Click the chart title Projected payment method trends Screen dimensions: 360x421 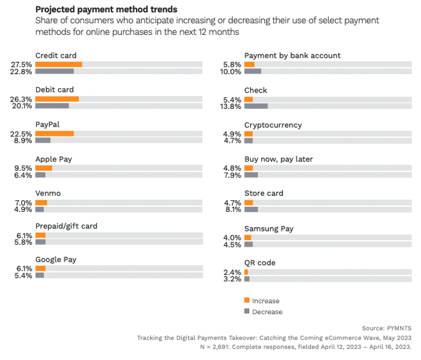(107, 10)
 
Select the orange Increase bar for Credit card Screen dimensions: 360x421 (59, 64)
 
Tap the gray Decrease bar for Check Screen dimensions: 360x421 (256, 106)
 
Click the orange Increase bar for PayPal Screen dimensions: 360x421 (55, 133)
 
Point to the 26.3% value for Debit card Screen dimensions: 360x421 (21, 99)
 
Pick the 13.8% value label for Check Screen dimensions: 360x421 (230, 106)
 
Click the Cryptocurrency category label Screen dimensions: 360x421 (273, 125)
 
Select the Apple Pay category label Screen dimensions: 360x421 (53, 159)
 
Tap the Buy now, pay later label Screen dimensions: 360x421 (278, 159)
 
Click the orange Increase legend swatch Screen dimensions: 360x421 (247, 300)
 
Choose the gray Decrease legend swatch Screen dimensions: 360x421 (247, 311)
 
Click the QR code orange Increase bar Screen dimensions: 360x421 (246, 272)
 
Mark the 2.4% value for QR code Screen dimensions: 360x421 (232, 272)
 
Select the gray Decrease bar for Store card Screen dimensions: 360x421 (251, 209)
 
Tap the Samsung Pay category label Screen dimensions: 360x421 (268, 228)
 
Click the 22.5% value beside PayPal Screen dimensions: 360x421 (21, 133)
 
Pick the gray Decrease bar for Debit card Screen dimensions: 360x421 (52, 106)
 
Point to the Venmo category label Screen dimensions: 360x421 (48, 193)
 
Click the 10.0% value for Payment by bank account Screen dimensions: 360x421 (230, 71)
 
